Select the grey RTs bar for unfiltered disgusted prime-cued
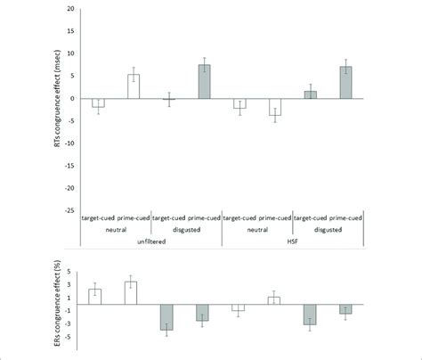pos(203,82)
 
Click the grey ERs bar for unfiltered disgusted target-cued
pos(167,317)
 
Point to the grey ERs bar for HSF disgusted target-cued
pos(309,315)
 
